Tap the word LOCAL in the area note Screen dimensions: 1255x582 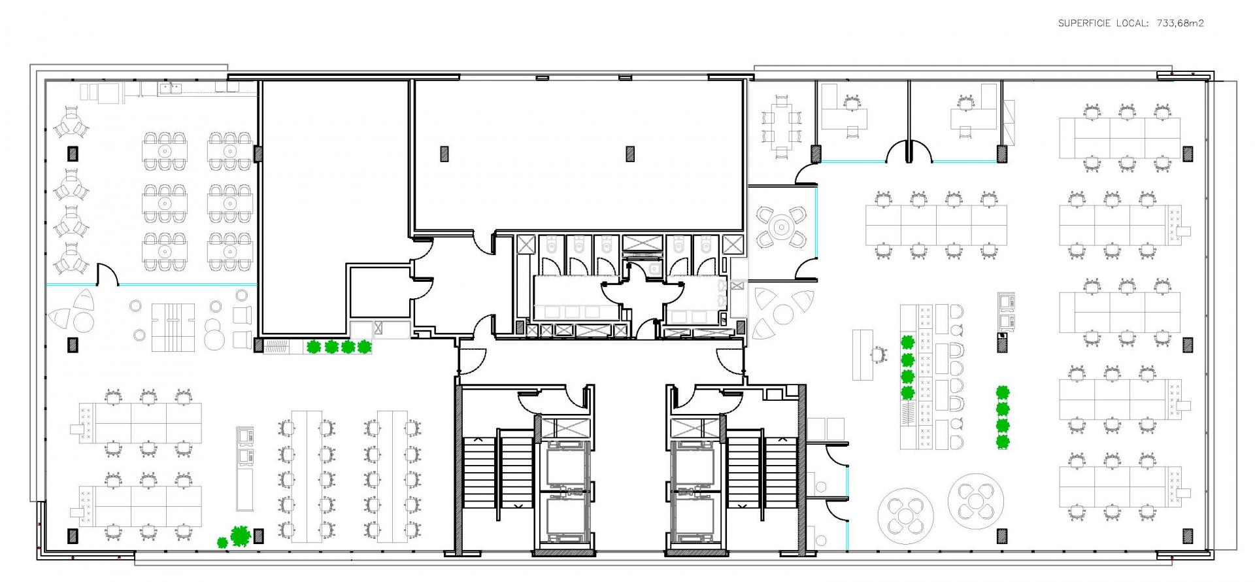1131,24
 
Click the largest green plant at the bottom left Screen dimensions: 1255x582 241,536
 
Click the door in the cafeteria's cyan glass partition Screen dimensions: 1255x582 108,274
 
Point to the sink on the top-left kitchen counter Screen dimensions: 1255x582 171,88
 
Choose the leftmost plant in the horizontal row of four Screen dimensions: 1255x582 314,347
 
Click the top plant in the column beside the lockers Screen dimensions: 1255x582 907,342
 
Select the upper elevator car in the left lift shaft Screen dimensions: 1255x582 563,464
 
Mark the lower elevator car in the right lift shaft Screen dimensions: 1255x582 693,519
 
